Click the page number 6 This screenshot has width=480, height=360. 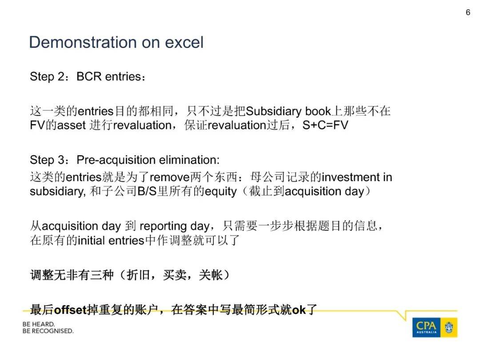point(468,12)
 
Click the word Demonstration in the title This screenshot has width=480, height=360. point(83,42)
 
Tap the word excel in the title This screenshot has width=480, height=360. point(184,42)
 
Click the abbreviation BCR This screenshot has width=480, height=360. point(89,76)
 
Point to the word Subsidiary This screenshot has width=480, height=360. point(274,111)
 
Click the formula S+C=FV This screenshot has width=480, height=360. point(325,125)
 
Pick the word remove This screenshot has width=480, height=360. point(170,177)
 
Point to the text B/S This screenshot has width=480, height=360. point(147,191)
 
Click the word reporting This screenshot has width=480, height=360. point(163,227)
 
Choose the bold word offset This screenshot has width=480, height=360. point(70,310)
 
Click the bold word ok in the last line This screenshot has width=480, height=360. point(299,310)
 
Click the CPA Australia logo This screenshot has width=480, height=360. point(435,328)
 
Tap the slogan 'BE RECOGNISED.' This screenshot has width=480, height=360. point(48,331)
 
